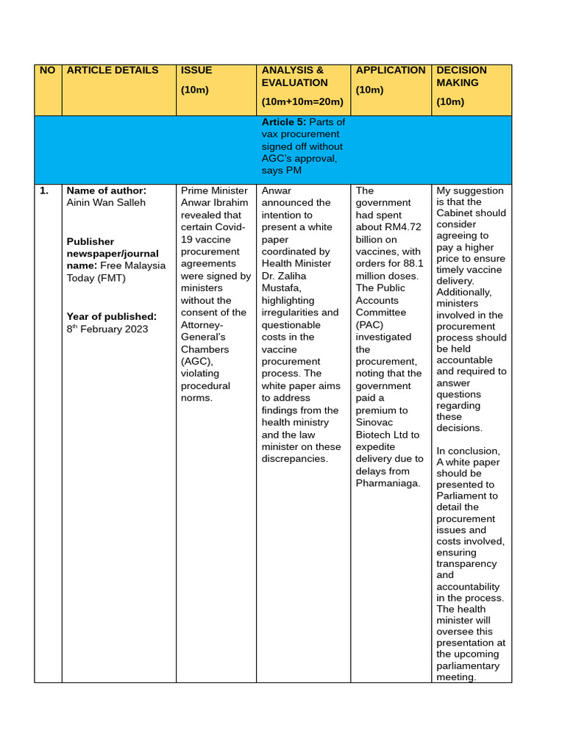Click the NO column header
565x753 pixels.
47,71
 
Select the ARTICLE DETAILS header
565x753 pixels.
113,71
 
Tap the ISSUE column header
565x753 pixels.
196,71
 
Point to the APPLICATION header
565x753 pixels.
390,71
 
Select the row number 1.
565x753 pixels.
44,190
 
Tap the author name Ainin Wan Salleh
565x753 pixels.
106,203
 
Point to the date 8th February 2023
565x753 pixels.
107,329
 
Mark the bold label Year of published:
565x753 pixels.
112,316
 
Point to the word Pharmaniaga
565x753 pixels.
388,483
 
